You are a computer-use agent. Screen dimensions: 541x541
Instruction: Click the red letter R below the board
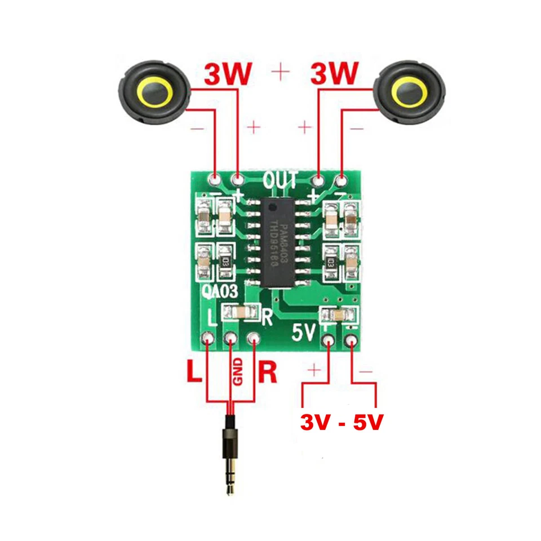(x=268, y=374)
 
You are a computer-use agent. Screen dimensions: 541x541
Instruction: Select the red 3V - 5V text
(x=342, y=422)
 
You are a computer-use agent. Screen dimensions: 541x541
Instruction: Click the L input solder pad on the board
(x=209, y=339)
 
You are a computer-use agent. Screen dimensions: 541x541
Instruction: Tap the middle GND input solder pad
(x=231, y=339)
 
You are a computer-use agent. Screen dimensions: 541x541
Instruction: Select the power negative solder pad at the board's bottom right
(x=352, y=340)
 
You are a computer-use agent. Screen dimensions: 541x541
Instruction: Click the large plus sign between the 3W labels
(x=281, y=72)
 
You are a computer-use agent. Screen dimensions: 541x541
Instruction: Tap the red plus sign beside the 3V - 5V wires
(x=314, y=370)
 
